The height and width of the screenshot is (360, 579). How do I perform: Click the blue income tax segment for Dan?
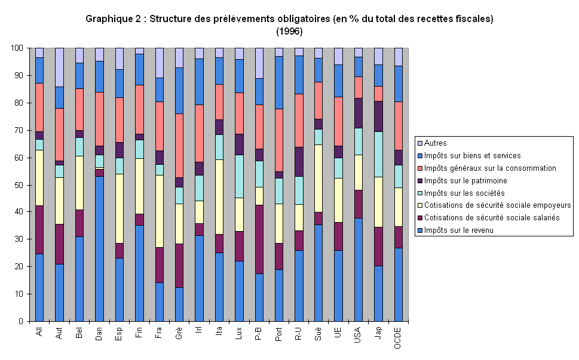pos(99,248)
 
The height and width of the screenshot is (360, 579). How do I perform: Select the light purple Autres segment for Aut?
pos(59,67)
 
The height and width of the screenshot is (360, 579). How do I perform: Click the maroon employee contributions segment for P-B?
pos(259,239)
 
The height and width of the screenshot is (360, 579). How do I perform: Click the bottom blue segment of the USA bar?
pos(359,269)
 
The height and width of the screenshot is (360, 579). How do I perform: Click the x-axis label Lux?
pos(239,333)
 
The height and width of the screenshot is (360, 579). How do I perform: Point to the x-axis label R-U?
pos(299,333)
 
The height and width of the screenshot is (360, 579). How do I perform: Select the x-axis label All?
pos(39,331)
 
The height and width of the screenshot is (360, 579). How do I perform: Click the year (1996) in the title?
pos(289,30)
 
